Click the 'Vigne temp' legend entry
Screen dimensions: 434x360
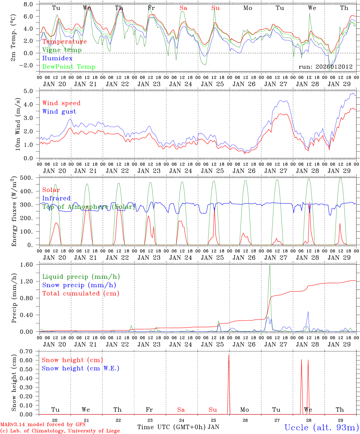click(62, 50)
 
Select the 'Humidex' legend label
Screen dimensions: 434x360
click(57, 58)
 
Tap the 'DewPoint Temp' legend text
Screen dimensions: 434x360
click(69, 67)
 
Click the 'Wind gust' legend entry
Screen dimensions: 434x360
click(59, 112)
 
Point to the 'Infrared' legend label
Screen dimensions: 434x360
click(56, 198)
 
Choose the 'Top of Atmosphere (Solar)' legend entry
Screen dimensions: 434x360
click(89, 207)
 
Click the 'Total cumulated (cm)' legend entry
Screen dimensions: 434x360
click(81, 293)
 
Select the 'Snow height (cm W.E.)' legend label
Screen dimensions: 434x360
click(80, 368)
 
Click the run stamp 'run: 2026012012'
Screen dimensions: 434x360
click(325, 67)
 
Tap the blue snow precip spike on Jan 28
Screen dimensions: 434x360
click(308, 312)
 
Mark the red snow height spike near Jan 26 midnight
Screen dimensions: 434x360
click(229, 356)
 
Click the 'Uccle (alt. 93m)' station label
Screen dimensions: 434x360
click(321, 427)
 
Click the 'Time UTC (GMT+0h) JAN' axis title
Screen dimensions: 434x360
click(178, 427)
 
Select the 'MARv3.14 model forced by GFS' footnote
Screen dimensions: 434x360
click(43, 425)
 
